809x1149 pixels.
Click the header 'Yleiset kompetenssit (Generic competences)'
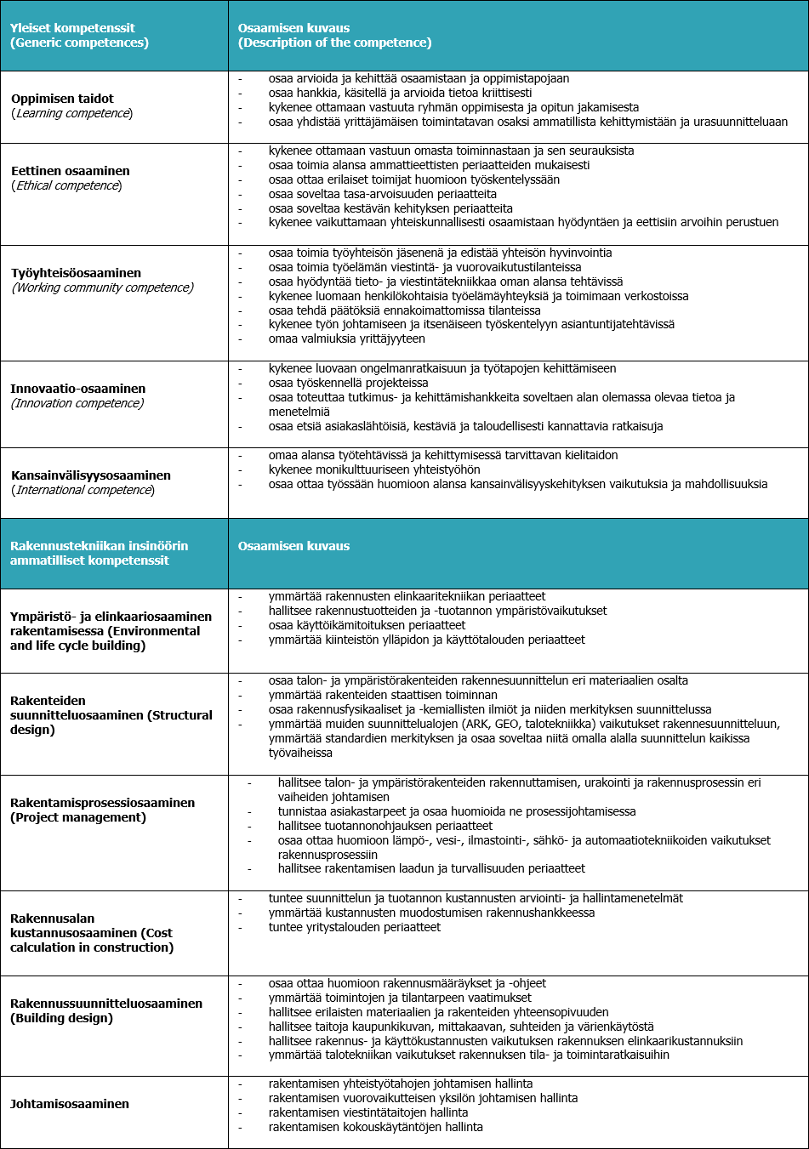[x=79, y=35]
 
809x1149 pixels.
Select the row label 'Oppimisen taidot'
[x=62, y=99]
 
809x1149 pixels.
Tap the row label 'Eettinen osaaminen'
[x=71, y=171]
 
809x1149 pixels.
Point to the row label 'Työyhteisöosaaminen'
[x=77, y=273]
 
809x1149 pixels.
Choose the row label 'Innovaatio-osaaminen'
[x=78, y=389]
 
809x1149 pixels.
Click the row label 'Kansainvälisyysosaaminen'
[x=91, y=475]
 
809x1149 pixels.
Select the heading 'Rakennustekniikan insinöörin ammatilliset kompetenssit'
[x=100, y=553]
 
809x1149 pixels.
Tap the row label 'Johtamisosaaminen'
[x=70, y=1104]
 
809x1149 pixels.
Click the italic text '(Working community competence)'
[x=103, y=287]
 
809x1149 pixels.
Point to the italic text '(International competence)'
[x=83, y=490]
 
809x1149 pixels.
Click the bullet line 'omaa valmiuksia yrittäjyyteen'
[x=346, y=338]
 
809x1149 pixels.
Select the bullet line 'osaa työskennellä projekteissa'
[x=348, y=383]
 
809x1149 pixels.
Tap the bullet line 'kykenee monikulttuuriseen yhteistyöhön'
[x=374, y=469]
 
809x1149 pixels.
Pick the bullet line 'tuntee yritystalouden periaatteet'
[x=354, y=927]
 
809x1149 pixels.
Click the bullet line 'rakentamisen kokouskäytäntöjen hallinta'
[x=375, y=1127]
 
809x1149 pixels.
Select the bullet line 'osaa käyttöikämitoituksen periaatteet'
[x=367, y=625]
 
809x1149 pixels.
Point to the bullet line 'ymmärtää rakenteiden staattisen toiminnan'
[x=383, y=695]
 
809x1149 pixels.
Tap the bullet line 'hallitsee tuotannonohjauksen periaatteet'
[x=385, y=826]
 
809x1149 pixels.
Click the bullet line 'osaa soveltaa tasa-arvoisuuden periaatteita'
[x=382, y=194]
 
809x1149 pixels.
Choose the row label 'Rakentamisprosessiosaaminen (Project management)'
[x=103, y=810]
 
